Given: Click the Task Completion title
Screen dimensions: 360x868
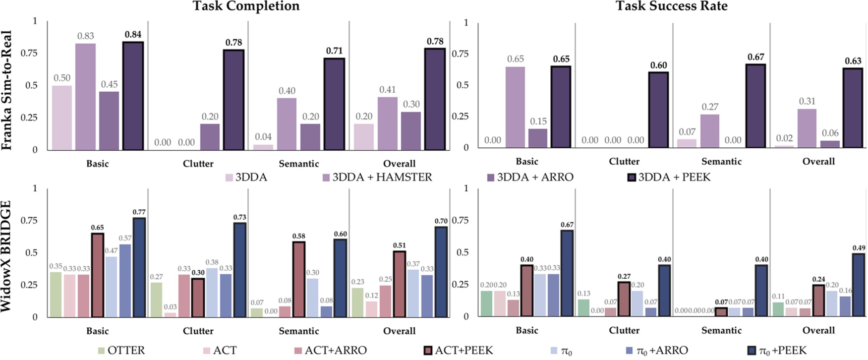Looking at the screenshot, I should click(x=246, y=6).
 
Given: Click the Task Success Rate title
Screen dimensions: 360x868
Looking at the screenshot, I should click(x=672, y=6).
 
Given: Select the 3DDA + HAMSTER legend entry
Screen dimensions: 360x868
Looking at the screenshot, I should click(x=377, y=178).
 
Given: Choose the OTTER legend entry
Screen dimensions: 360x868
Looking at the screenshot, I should click(x=121, y=351).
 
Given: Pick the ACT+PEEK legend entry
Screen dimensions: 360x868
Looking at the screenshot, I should click(x=459, y=351).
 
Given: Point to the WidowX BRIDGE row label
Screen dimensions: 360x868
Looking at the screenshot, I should click(x=7, y=256).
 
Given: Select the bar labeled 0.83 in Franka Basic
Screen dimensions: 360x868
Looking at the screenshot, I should click(x=85, y=97).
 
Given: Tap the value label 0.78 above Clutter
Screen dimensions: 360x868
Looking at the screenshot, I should click(x=233, y=43).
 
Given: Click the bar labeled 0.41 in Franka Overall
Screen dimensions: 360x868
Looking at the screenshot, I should click(x=388, y=123).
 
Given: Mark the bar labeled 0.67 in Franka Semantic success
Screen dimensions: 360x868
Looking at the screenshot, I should click(x=755, y=106).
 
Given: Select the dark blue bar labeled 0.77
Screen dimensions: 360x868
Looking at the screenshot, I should click(x=139, y=267).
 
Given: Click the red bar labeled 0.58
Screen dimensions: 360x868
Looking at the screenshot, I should click(x=298, y=279).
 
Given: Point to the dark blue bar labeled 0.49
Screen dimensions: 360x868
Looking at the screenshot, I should click(x=858, y=285).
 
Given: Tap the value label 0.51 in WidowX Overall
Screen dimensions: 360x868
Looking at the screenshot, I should click(x=399, y=245).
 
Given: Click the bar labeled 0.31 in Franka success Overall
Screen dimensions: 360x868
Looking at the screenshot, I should click(x=807, y=128).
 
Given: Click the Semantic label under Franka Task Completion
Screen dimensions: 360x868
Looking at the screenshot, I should click(x=298, y=164).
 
